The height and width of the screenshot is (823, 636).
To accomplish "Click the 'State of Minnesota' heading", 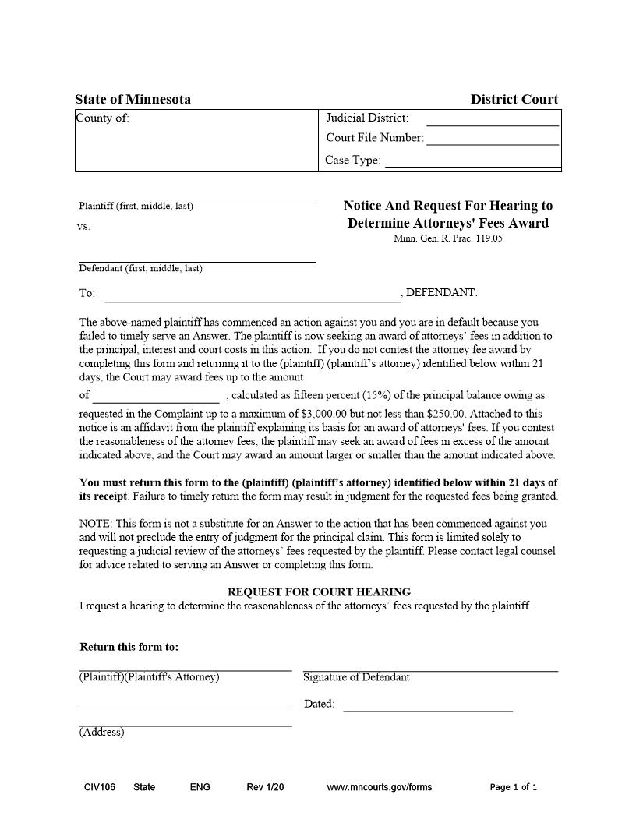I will click(132, 99).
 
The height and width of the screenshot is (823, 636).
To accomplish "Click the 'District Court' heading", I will click(514, 99).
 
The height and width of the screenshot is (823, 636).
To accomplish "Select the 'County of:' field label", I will click(103, 118).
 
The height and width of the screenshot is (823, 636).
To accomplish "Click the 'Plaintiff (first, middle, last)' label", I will click(136, 207).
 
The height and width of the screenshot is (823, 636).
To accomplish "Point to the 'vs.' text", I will click(84, 227).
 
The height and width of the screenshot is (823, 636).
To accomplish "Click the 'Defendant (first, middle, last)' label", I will click(140, 269).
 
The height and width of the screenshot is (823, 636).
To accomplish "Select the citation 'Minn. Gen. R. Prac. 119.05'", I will click(447, 238).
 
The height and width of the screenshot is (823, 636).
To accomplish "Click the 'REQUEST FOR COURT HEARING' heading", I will click(319, 592).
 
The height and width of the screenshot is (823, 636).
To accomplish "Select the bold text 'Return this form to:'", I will click(129, 647).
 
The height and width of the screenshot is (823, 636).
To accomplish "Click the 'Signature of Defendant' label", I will click(356, 677).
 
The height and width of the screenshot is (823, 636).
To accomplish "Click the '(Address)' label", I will click(101, 733).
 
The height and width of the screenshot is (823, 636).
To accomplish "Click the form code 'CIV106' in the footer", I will click(100, 787).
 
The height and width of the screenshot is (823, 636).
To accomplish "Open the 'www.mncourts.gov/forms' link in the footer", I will click(379, 787).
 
